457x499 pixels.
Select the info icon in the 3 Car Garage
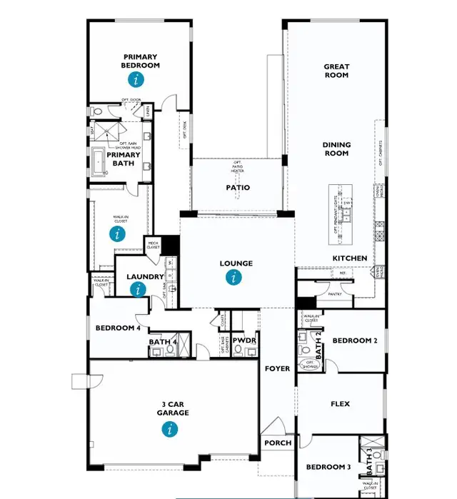tap(169, 429)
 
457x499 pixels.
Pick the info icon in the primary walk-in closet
tap(118, 233)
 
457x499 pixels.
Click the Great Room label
tap(336, 71)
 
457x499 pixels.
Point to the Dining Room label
tap(336, 149)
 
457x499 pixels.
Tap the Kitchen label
tap(350, 258)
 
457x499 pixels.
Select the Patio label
tap(238, 188)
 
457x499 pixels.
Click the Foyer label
tap(277, 369)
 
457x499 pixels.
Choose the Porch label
tap(277, 443)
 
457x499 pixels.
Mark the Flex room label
tap(340, 404)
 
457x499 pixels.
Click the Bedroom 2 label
tap(354, 341)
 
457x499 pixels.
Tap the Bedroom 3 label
tap(328, 468)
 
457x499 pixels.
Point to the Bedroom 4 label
tap(118, 328)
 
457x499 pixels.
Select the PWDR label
tap(244, 341)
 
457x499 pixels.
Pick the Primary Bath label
tap(120, 158)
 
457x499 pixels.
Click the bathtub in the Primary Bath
tap(98, 163)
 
